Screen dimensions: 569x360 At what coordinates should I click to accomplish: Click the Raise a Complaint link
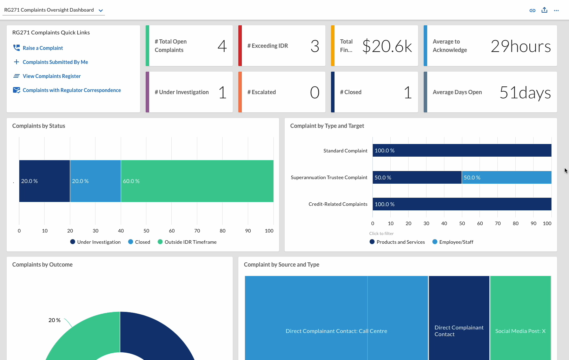[x=43, y=48]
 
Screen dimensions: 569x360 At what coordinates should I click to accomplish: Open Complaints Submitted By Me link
[x=55, y=62]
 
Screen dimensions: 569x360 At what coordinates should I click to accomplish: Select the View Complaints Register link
[x=52, y=76]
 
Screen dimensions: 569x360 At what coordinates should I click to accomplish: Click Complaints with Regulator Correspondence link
[x=72, y=90]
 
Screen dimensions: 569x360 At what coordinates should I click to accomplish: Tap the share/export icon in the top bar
[x=544, y=10]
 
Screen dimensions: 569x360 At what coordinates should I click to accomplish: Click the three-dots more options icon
[x=556, y=11]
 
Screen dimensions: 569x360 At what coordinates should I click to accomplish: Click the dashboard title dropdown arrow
[x=101, y=11]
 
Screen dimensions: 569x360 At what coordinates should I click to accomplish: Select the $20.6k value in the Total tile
[x=387, y=46]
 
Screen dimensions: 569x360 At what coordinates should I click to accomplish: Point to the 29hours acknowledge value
[x=521, y=46]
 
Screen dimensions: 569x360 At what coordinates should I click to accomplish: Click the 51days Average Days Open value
[x=525, y=92]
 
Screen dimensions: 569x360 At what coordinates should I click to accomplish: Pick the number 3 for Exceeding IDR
[x=315, y=46]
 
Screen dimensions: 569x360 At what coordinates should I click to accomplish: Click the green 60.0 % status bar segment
[x=197, y=181]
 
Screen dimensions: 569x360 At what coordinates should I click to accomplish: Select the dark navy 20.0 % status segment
[x=45, y=181]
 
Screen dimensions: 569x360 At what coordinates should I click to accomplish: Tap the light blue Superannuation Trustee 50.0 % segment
[x=507, y=177]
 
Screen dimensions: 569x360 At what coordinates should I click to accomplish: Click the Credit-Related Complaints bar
[x=462, y=204]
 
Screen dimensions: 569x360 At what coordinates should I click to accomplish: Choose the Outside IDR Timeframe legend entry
[x=187, y=242]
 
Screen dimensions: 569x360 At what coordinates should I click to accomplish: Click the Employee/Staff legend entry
[x=453, y=242]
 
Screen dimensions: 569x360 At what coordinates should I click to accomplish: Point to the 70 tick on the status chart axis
[x=197, y=231]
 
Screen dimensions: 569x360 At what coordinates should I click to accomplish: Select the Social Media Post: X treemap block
[x=521, y=318]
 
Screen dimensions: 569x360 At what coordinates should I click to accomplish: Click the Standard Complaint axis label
[x=345, y=151]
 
